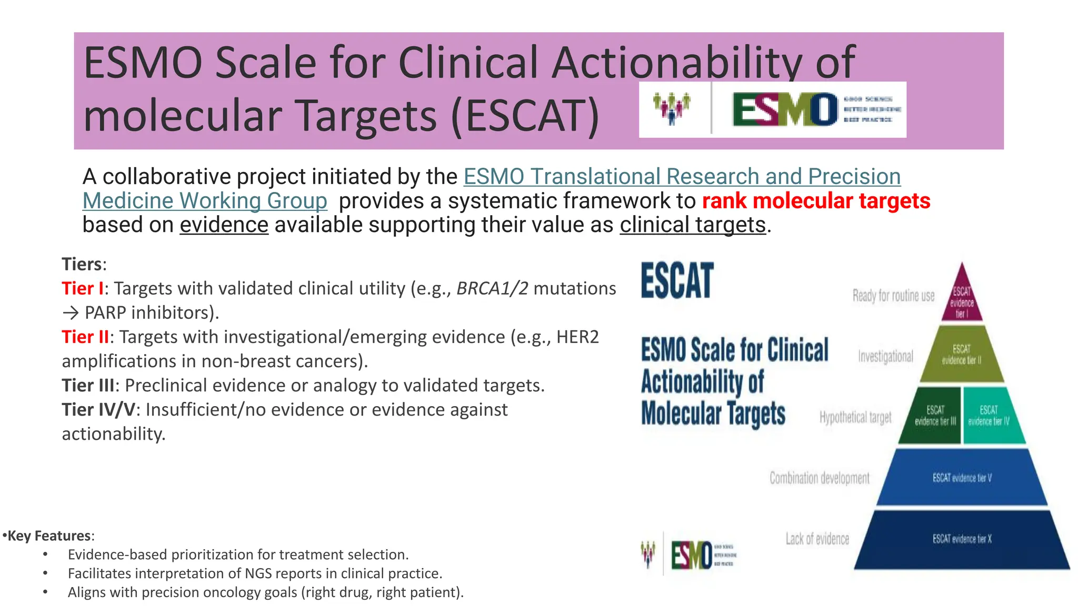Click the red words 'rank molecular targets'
(816, 201)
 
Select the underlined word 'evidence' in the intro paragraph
(224, 225)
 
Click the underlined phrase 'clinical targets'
(692, 225)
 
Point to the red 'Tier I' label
(82, 288)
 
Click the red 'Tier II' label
(85, 337)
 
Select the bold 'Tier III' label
(87, 385)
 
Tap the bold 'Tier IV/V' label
(98, 409)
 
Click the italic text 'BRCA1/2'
(492, 288)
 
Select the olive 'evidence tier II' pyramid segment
(962, 355)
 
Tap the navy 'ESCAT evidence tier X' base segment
(962, 539)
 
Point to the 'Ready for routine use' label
(893, 296)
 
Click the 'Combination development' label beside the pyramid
(819, 478)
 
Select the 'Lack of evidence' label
(817, 539)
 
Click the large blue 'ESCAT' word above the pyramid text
(677, 281)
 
